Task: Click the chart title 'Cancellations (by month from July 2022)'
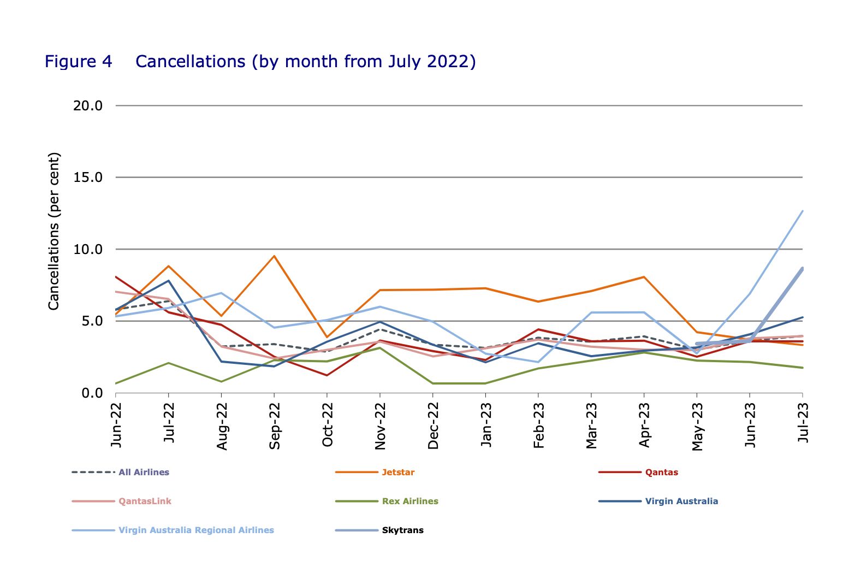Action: click(x=305, y=61)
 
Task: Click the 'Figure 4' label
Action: click(x=78, y=61)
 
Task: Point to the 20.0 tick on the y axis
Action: click(x=88, y=105)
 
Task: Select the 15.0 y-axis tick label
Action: click(x=88, y=178)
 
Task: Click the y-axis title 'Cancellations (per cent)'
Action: click(x=54, y=232)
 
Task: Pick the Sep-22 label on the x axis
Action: click(x=275, y=426)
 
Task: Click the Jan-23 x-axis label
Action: click(x=486, y=425)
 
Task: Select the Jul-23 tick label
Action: click(x=803, y=422)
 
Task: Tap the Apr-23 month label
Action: click(x=644, y=425)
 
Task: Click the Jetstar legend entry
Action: click(x=398, y=472)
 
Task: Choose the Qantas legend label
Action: click(x=661, y=472)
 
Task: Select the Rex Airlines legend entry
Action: click(x=410, y=501)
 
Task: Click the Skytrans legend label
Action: click(x=402, y=530)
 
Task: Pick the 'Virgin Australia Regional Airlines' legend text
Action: click(x=196, y=530)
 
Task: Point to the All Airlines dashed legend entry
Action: click(x=144, y=472)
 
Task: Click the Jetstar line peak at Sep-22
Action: click(x=274, y=256)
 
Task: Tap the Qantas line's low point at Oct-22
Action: click(x=327, y=375)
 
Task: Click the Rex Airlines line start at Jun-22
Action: click(x=116, y=383)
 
